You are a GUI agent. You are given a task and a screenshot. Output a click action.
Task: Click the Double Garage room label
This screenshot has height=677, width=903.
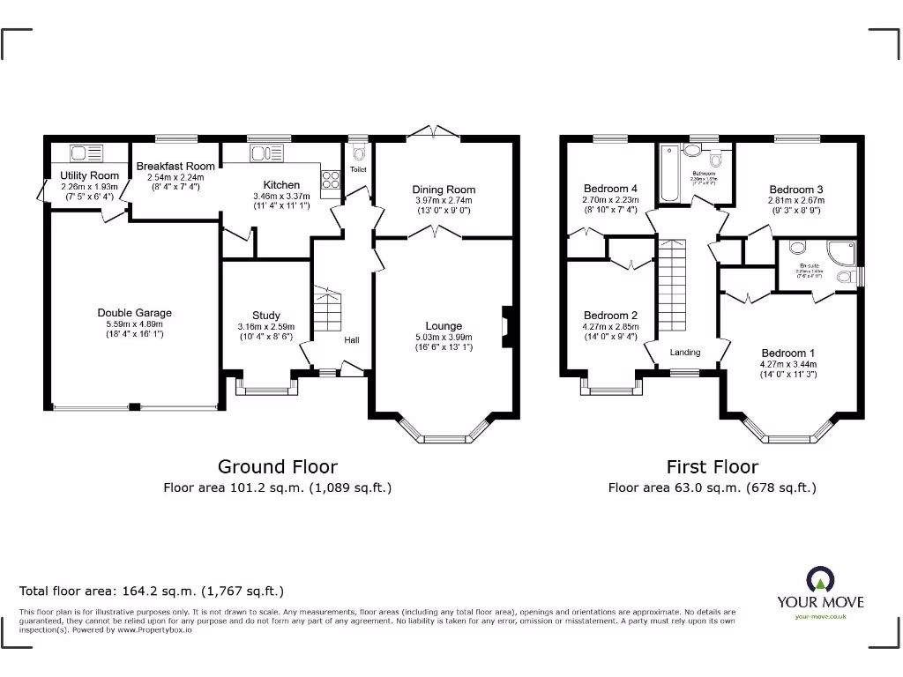tap(134, 313)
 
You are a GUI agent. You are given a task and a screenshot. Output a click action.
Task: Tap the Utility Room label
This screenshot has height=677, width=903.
tap(89, 176)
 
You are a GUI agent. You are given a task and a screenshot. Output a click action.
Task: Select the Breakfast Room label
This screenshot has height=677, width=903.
tap(175, 166)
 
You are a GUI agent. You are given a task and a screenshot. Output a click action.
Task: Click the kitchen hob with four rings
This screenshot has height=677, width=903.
tap(331, 179)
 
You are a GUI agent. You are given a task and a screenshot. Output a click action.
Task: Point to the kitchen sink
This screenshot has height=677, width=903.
tap(262, 153)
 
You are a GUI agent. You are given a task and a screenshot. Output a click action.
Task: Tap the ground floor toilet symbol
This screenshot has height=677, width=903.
tap(358, 152)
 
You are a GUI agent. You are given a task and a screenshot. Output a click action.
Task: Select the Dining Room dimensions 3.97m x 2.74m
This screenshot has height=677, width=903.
tap(444, 200)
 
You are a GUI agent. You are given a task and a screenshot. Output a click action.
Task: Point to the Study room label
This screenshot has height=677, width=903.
tap(265, 316)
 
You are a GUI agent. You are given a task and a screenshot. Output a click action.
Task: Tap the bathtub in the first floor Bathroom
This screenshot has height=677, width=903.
tap(666, 170)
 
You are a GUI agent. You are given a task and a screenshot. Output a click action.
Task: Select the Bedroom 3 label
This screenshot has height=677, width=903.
tap(795, 190)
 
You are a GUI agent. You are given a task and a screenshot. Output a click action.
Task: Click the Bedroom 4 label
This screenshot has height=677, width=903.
tap(610, 189)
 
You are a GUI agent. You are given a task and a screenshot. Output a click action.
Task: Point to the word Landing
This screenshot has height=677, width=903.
tap(684, 353)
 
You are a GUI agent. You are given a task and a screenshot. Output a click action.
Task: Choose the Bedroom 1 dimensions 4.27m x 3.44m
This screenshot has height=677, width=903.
tap(788, 364)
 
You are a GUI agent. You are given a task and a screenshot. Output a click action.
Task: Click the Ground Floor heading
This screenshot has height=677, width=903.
tap(277, 466)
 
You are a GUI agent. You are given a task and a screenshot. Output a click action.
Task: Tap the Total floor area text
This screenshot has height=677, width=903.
tap(152, 591)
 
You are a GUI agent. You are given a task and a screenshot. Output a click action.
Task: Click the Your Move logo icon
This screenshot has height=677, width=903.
tap(819, 581)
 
